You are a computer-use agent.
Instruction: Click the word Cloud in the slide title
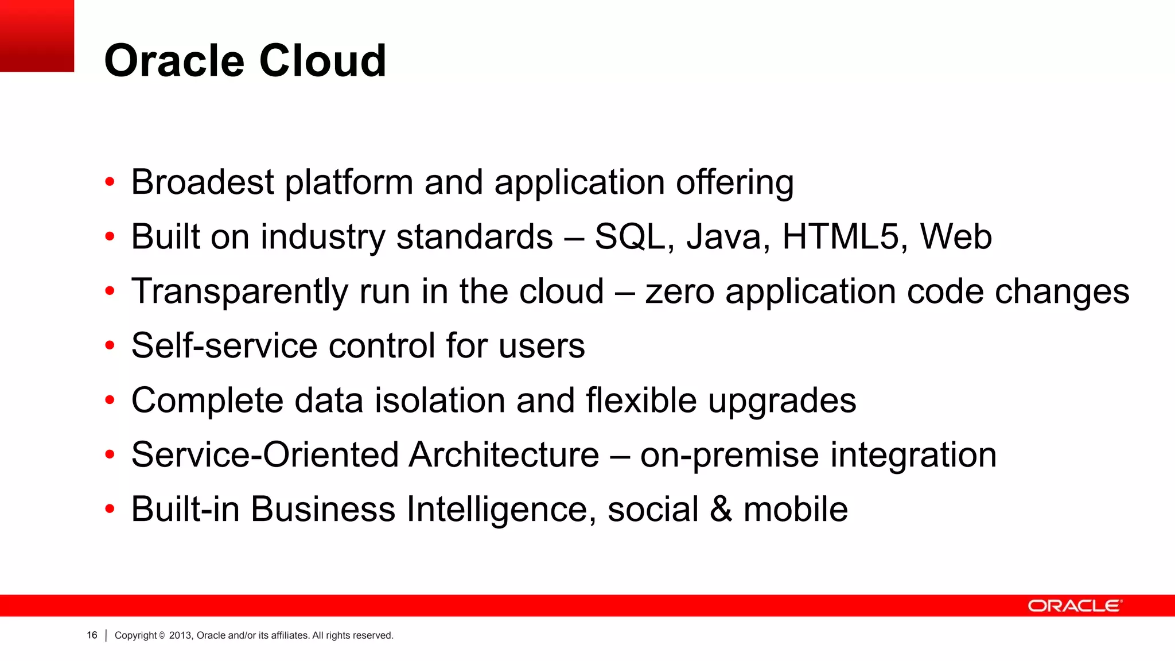pyautogui.click(x=323, y=61)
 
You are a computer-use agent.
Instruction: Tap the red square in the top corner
pyautogui.click(x=37, y=36)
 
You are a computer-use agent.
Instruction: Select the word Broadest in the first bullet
pyautogui.click(x=203, y=182)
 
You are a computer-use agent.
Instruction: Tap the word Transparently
pyautogui.click(x=240, y=291)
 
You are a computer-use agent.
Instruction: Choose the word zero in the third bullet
pyautogui.click(x=680, y=291)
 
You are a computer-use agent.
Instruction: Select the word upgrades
pyautogui.click(x=782, y=401)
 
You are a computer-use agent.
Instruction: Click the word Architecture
pyautogui.click(x=504, y=454)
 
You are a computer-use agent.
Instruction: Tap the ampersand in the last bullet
pyautogui.click(x=721, y=509)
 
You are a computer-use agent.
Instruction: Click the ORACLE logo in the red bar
pyautogui.click(x=1075, y=606)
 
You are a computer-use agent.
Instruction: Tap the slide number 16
pyautogui.click(x=92, y=635)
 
